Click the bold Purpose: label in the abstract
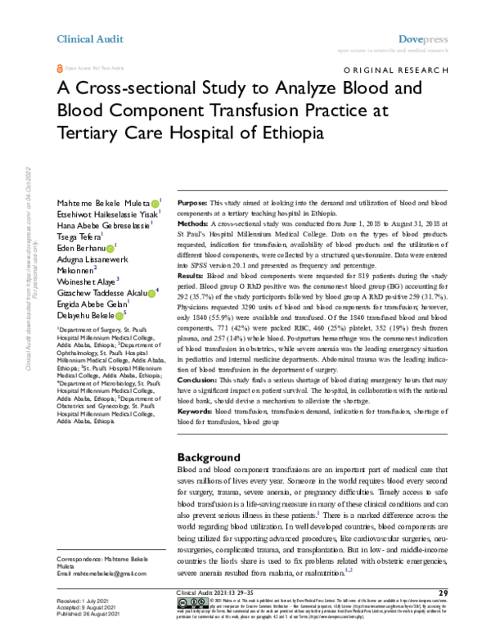pyautogui.click(x=192, y=202)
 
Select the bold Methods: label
pyautogui.click(x=193, y=223)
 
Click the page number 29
pyautogui.click(x=443, y=592)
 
